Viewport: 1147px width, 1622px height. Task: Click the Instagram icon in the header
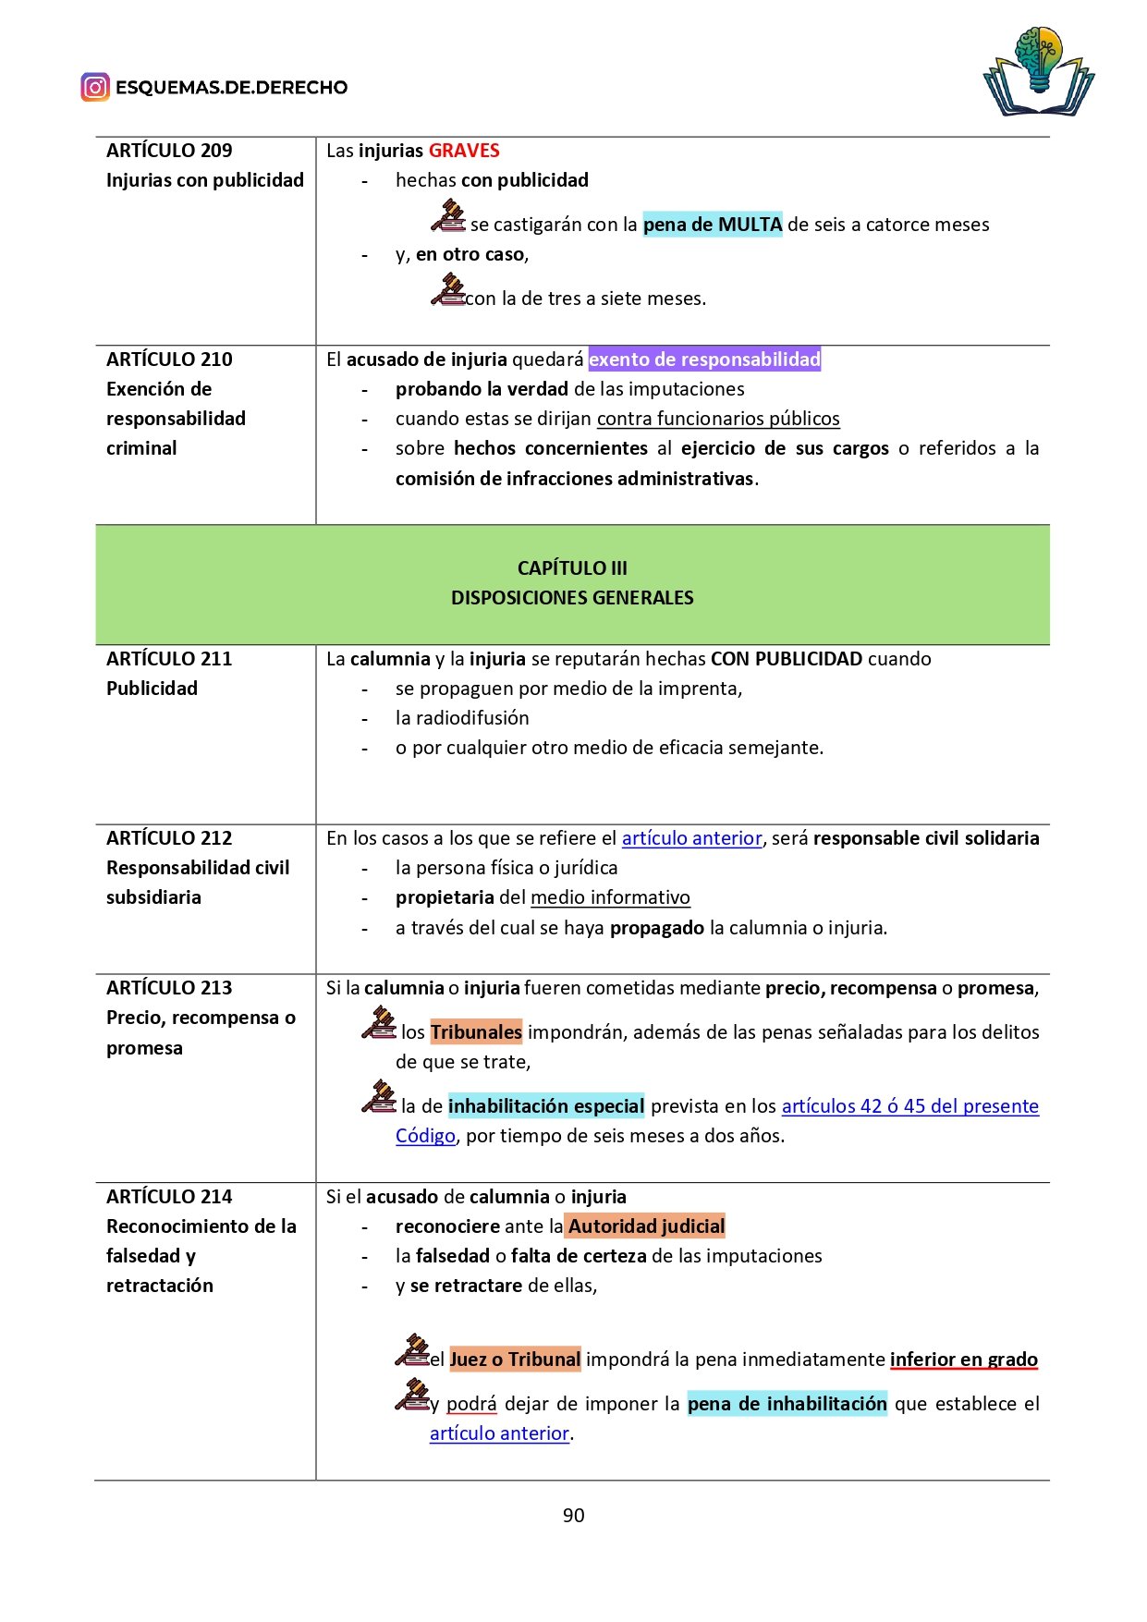coord(95,87)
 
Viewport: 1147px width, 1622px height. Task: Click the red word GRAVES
coord(464,151)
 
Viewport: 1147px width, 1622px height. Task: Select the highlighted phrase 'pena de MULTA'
coord(713,225)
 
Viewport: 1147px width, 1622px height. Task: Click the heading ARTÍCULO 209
coord(169,151)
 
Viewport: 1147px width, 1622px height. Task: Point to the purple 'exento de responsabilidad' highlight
coord(704,360)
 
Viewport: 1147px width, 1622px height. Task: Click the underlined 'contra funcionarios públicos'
coord(718,419)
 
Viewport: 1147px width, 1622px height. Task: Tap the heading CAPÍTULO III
coord(572,568)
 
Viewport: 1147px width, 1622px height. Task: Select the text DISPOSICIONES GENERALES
coord(572,598)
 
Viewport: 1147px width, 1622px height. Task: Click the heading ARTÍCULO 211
coord(169,659)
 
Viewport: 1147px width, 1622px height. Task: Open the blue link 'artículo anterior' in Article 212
coord(691,838)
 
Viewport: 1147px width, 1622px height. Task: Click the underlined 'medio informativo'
coord(610,897)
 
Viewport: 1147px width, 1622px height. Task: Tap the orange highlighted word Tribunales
coord(476,1032)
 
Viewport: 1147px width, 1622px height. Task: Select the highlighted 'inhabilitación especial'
coord(546,1106)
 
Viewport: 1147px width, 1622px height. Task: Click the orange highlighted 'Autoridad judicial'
coord(646,1226)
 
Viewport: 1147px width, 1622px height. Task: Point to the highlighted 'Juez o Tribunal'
coord(515,1360)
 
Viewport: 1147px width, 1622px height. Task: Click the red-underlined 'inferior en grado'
coord(963,1360)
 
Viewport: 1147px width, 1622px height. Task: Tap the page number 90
coord(573,1515)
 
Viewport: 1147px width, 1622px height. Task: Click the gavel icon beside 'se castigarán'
coord(448,216)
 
